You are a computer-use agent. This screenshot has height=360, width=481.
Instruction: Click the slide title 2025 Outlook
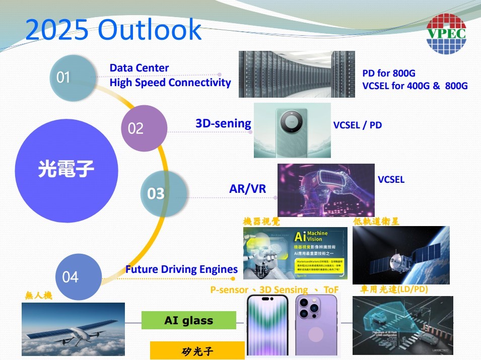click(x=113, y=30)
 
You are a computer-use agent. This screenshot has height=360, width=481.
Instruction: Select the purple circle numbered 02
click(x=144, y=128)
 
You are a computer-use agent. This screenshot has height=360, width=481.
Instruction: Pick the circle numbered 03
click(x=163, y=193)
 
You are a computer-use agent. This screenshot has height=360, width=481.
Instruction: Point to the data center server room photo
click(x=296, y=74)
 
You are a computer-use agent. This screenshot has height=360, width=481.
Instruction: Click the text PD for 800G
click(x=389, y=74)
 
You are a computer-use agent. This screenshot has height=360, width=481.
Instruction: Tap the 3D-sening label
click(x=223, y=123)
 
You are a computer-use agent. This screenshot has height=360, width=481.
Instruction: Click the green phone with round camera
click(x=292, y=130)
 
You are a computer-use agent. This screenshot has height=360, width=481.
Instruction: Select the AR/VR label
click(x=247, y=188)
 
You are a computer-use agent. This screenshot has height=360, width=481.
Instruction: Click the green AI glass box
click(x=188, y=320)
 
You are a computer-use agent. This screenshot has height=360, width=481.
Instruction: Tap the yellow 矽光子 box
click(x=197, y=351)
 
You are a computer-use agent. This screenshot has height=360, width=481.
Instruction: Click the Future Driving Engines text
click(x=181, y=269)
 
